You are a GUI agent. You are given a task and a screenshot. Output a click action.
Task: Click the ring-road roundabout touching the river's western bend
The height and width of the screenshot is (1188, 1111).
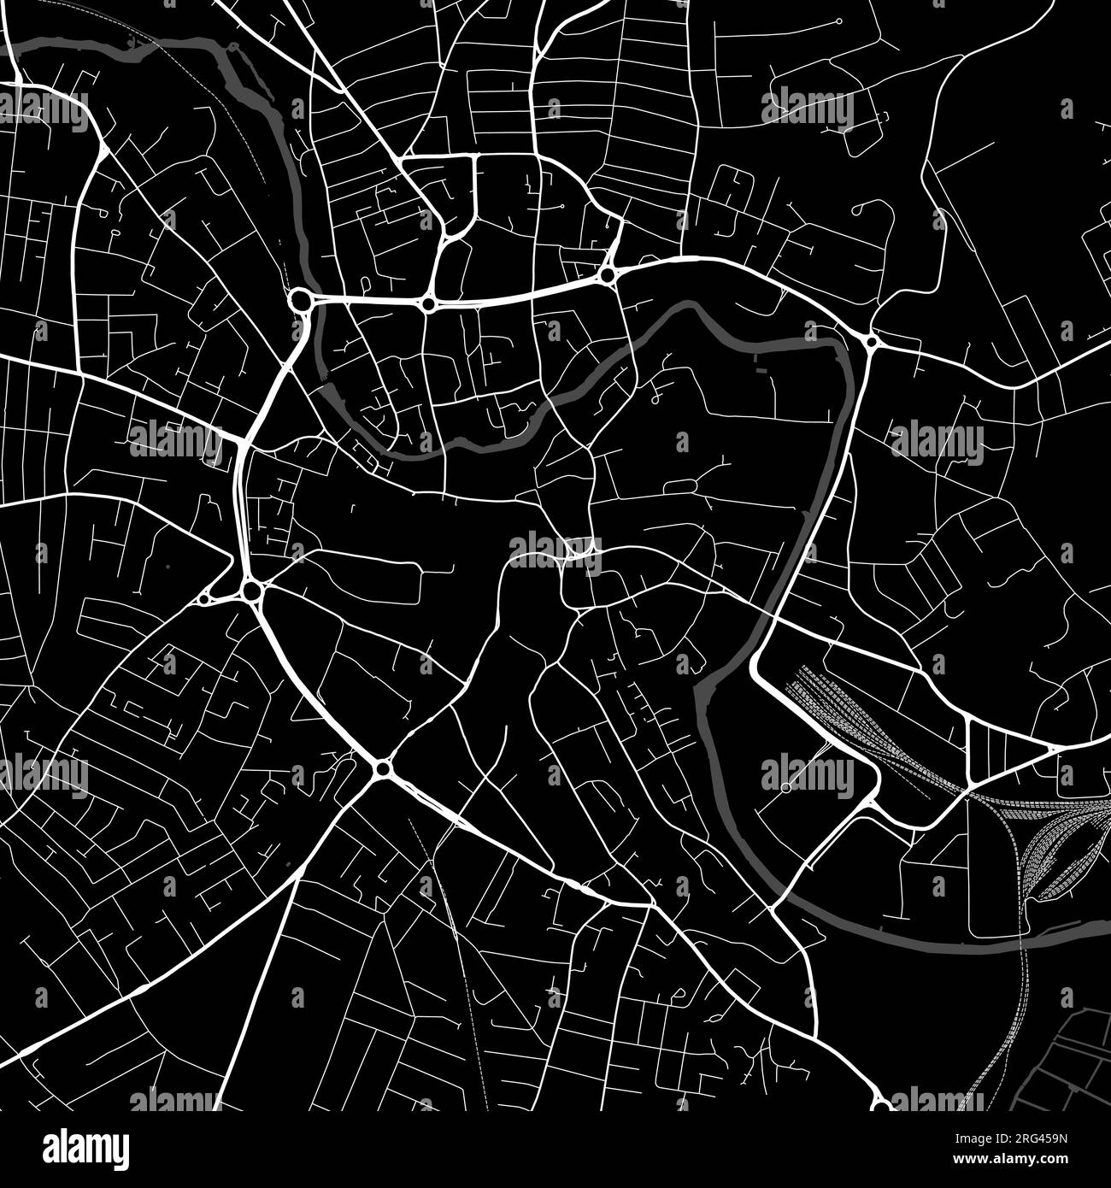[300, 300]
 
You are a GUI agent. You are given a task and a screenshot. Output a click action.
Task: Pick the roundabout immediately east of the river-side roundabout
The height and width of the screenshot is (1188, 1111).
[427, 303]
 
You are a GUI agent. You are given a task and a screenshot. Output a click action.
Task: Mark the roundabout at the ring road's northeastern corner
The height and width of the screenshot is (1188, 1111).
[871, 342]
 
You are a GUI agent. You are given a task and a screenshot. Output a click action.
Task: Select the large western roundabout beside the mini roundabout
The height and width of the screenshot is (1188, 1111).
[251, 591]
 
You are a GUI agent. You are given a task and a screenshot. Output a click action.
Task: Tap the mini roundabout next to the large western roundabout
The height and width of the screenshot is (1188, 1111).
[205, 599]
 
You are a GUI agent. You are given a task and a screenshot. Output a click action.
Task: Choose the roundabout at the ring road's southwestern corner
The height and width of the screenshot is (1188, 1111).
[381, 769]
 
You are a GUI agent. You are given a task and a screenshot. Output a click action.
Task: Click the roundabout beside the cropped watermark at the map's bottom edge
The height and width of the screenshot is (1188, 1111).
[881, 1103]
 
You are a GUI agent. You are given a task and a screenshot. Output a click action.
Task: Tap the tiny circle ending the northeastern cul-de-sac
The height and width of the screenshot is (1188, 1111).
[838, 20]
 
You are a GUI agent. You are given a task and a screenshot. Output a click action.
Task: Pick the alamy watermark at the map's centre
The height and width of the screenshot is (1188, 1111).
[556, 546]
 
